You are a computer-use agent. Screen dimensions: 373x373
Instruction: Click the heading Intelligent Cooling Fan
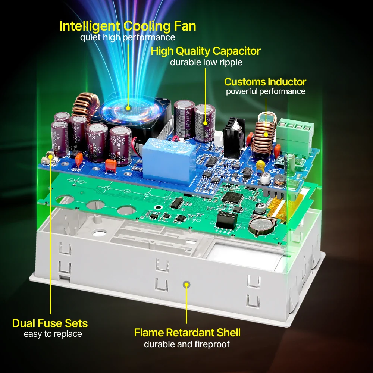(x=128, y=26)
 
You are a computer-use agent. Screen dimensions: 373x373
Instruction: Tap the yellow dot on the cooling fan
(x=128, y=108)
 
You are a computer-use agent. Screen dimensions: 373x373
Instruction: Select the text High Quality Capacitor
(x=206, y=51)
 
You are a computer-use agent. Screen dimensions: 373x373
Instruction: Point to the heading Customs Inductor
(x=265, y=82)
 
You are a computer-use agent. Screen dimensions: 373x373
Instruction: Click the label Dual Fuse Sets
(x=50, y=323)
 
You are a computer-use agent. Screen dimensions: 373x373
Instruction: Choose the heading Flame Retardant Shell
(x=187, y=332)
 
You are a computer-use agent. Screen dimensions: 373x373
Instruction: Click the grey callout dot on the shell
(x=186, y=285)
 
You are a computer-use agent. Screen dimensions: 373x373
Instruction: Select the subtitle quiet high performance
(x=128, y=37)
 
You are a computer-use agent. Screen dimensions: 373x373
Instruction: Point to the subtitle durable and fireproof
(x=187, y=344)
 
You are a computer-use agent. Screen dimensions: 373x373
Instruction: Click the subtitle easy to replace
(x=53, y=334)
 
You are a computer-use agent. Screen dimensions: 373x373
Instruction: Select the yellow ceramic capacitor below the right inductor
(x=262, y=165)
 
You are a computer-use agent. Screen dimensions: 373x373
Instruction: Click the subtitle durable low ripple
(x=206, y=62)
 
